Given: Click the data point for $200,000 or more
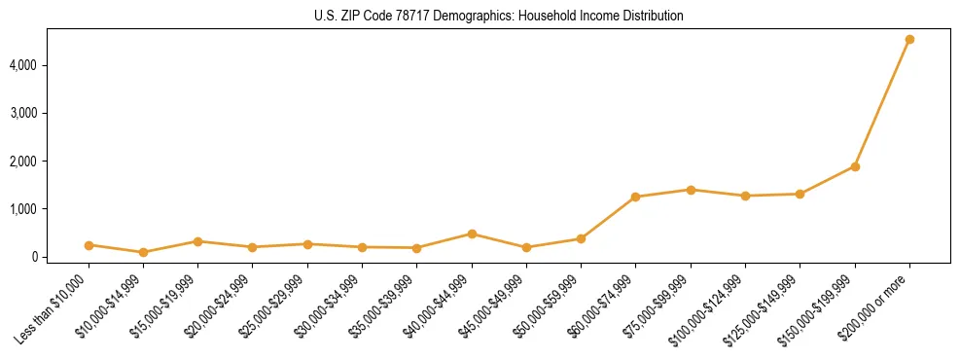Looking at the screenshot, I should (x=909, y=40).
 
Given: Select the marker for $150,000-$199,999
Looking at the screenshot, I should (x=855, y=166).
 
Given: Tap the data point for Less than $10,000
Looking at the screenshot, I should (x=89, y=245).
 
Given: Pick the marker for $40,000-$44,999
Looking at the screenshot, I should (x=472, y=234).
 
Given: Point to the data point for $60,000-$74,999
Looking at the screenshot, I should (x=636, y=197).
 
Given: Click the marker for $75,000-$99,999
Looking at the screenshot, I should (x=691, y=190).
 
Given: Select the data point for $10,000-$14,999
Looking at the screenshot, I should (x=144, y=252).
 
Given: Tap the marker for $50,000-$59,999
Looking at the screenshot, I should (x=581, y=238).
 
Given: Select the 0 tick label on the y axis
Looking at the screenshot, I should (x=61, y=257).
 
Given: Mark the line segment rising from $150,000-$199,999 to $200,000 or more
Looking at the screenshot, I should (x=882, y=103).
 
